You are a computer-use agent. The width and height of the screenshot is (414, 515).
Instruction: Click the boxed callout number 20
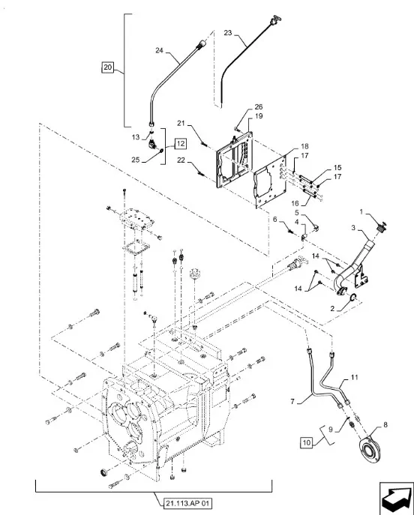coord(107,67)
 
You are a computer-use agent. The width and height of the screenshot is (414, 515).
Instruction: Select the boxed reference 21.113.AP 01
coord(187,503)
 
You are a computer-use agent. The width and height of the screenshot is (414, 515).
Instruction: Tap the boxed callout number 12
coord(180,143)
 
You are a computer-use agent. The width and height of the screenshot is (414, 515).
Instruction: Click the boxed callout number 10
coord(306,442)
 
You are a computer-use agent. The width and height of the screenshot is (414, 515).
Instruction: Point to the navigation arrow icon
coord(397,499)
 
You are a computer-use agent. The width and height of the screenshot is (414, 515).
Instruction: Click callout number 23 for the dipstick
coord(228,33)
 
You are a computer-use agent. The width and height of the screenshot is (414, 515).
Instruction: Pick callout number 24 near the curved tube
coord(159,50)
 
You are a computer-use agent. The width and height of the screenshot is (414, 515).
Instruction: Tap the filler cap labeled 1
coord(382,227)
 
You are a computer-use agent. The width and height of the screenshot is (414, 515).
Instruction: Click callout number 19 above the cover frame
coord(259,116)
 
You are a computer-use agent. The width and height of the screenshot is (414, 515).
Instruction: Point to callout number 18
coord(304,146)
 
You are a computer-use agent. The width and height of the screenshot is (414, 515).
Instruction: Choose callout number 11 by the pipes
coord(354,377)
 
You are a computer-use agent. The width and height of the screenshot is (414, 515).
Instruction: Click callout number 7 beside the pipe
coord(292,401)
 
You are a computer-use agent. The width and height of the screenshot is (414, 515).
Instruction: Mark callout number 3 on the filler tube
coord(353,228)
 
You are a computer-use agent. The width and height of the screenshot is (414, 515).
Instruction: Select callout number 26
coord(259,106)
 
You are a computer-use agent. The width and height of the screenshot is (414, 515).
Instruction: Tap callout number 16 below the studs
coord(295,202)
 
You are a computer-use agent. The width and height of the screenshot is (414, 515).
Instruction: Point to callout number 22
coord(181,160)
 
